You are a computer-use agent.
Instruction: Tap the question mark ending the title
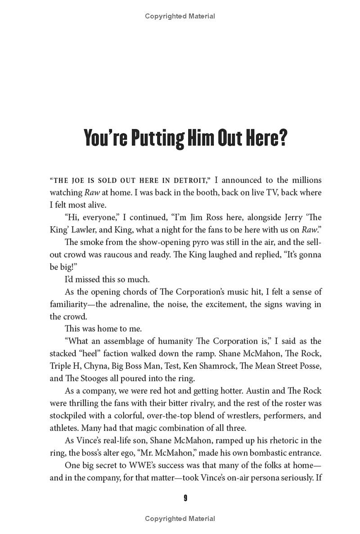(x=281, y=138)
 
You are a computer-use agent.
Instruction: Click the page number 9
(x=185, y=498)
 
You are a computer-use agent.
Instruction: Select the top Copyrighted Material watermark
(x=180, y=16)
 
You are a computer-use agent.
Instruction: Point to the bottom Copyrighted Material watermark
(x=180, y=519)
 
